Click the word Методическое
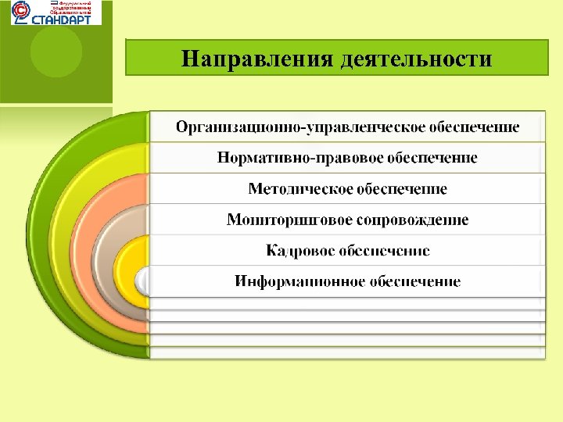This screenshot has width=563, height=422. point(300,189)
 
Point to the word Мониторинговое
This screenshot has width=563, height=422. point(290,220)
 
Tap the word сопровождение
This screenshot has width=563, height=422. point(413,220)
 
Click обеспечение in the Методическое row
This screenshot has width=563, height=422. point(403,189)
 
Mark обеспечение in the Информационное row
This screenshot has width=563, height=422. point(415,281)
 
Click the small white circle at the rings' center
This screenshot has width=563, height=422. point(143,279)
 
